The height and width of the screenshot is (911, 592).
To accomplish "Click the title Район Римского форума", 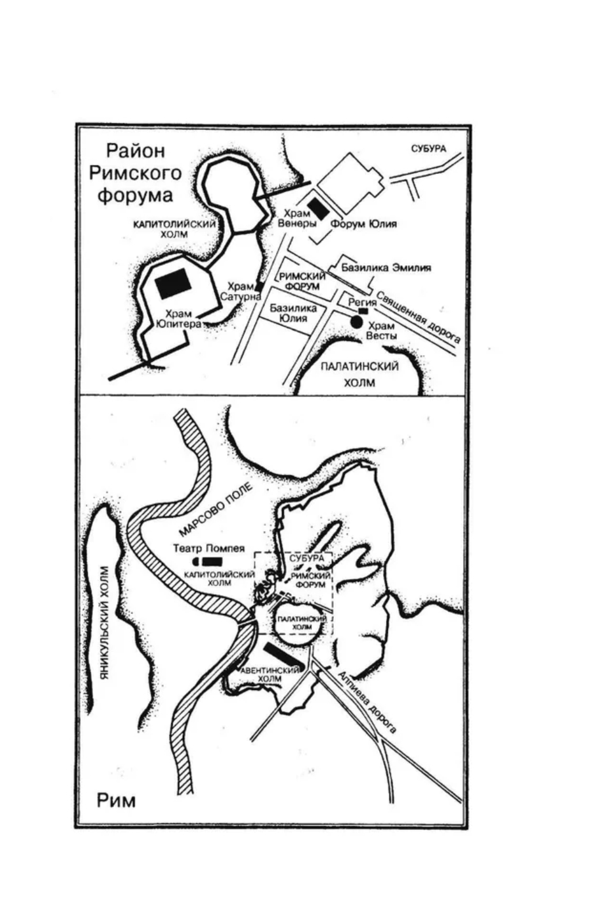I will [134, 173].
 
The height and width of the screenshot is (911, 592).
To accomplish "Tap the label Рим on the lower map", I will [116, 799].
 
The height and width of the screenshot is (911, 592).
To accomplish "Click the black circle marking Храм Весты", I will [357, 323].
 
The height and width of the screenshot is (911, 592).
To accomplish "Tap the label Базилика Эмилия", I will [386, 268].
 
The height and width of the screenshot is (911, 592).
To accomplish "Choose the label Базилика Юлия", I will [293, 313].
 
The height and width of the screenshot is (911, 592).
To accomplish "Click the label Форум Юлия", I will [364, 224].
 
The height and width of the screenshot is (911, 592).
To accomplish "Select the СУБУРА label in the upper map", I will [428, 149].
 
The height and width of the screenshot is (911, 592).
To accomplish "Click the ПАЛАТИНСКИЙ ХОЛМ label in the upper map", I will [359, 374].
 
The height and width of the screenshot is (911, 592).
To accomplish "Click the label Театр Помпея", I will [208, 548].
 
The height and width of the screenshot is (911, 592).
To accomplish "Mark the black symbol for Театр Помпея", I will [208, 561].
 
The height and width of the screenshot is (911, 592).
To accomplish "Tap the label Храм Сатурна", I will [242, 291].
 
